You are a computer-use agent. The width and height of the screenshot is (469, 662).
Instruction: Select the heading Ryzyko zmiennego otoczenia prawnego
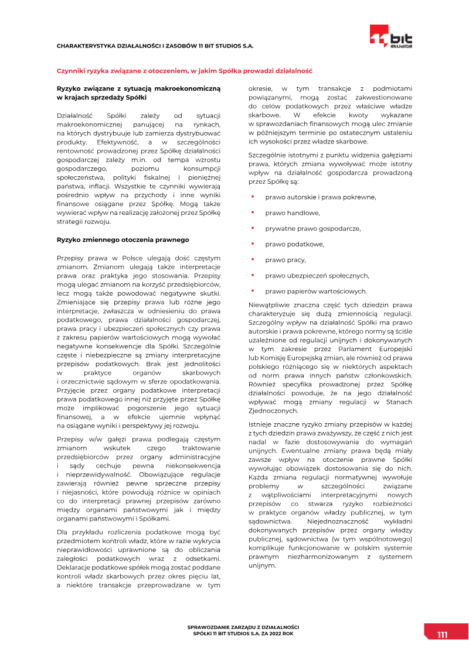[123, 239]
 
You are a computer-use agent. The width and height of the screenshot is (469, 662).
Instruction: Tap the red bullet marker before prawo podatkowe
[252, 243]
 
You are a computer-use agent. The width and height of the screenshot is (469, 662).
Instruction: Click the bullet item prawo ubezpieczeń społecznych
[317, 276]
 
